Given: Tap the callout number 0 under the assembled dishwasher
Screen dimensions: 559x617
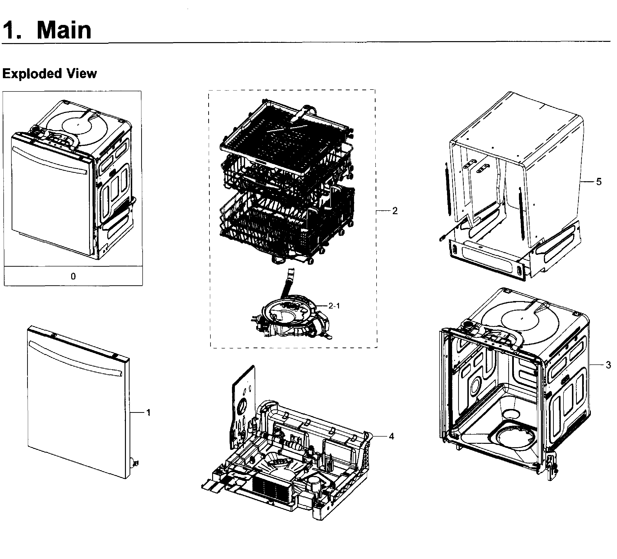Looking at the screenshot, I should pos(73,276).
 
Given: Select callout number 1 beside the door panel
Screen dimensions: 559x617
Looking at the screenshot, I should pos(148,413).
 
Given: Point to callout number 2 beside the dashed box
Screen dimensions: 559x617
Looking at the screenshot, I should pos(395,211).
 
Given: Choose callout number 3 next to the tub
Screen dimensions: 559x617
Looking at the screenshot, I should pos(608,365).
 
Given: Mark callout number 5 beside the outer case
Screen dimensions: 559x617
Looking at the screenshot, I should pos(599,182).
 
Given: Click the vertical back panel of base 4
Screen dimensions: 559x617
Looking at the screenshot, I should pos(243,400).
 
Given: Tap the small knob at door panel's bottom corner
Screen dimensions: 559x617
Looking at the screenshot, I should pos(134,463).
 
